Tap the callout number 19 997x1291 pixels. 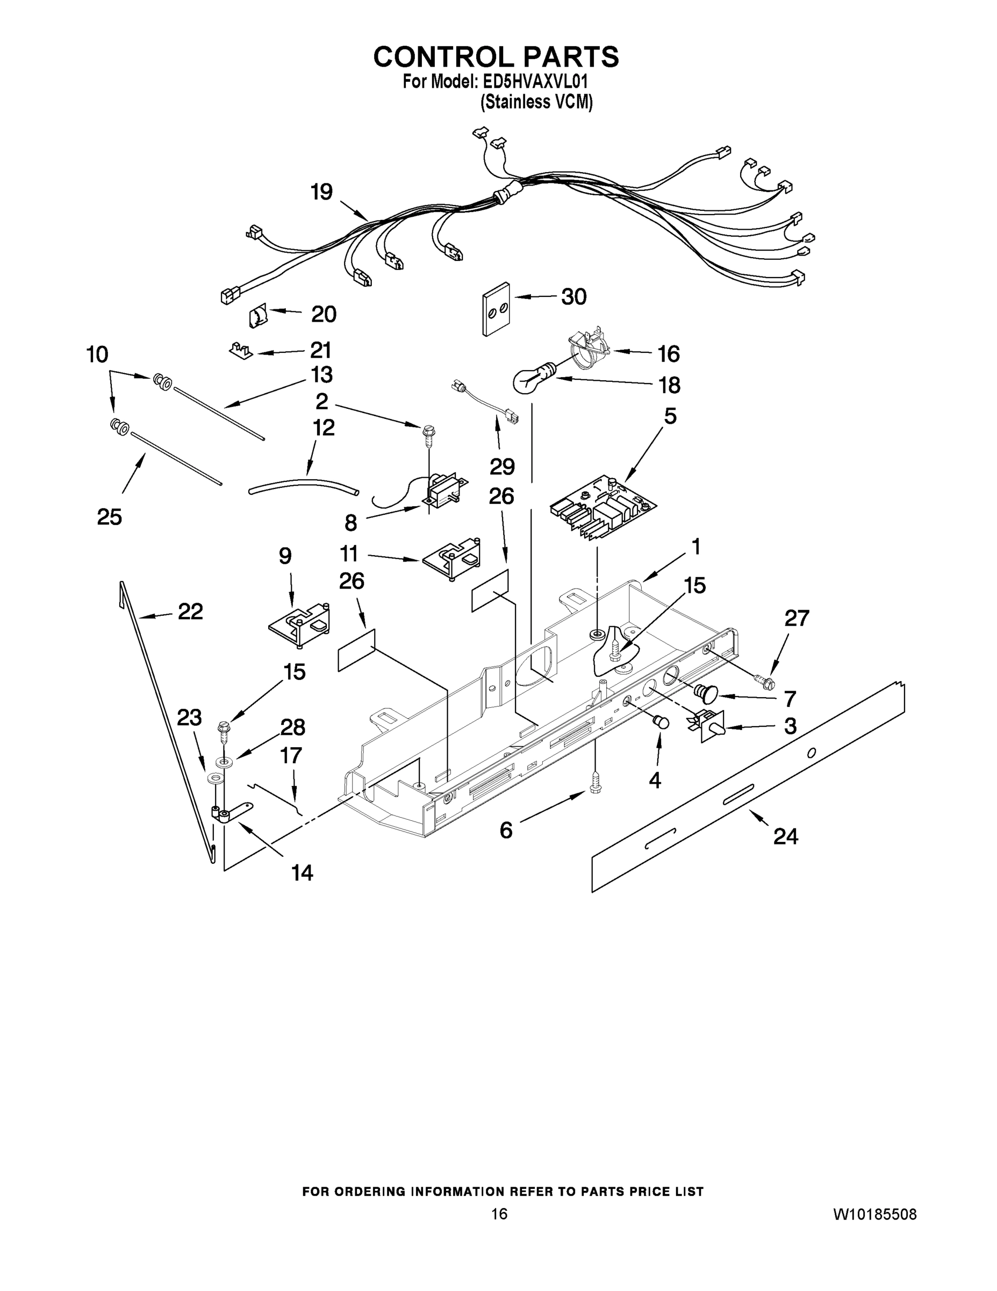pyautogui.click(x=322, y=192)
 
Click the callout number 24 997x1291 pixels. pyautogui.click(x=786, y=836)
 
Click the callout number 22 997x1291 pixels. pyautogui.click(x=190, y=611)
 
